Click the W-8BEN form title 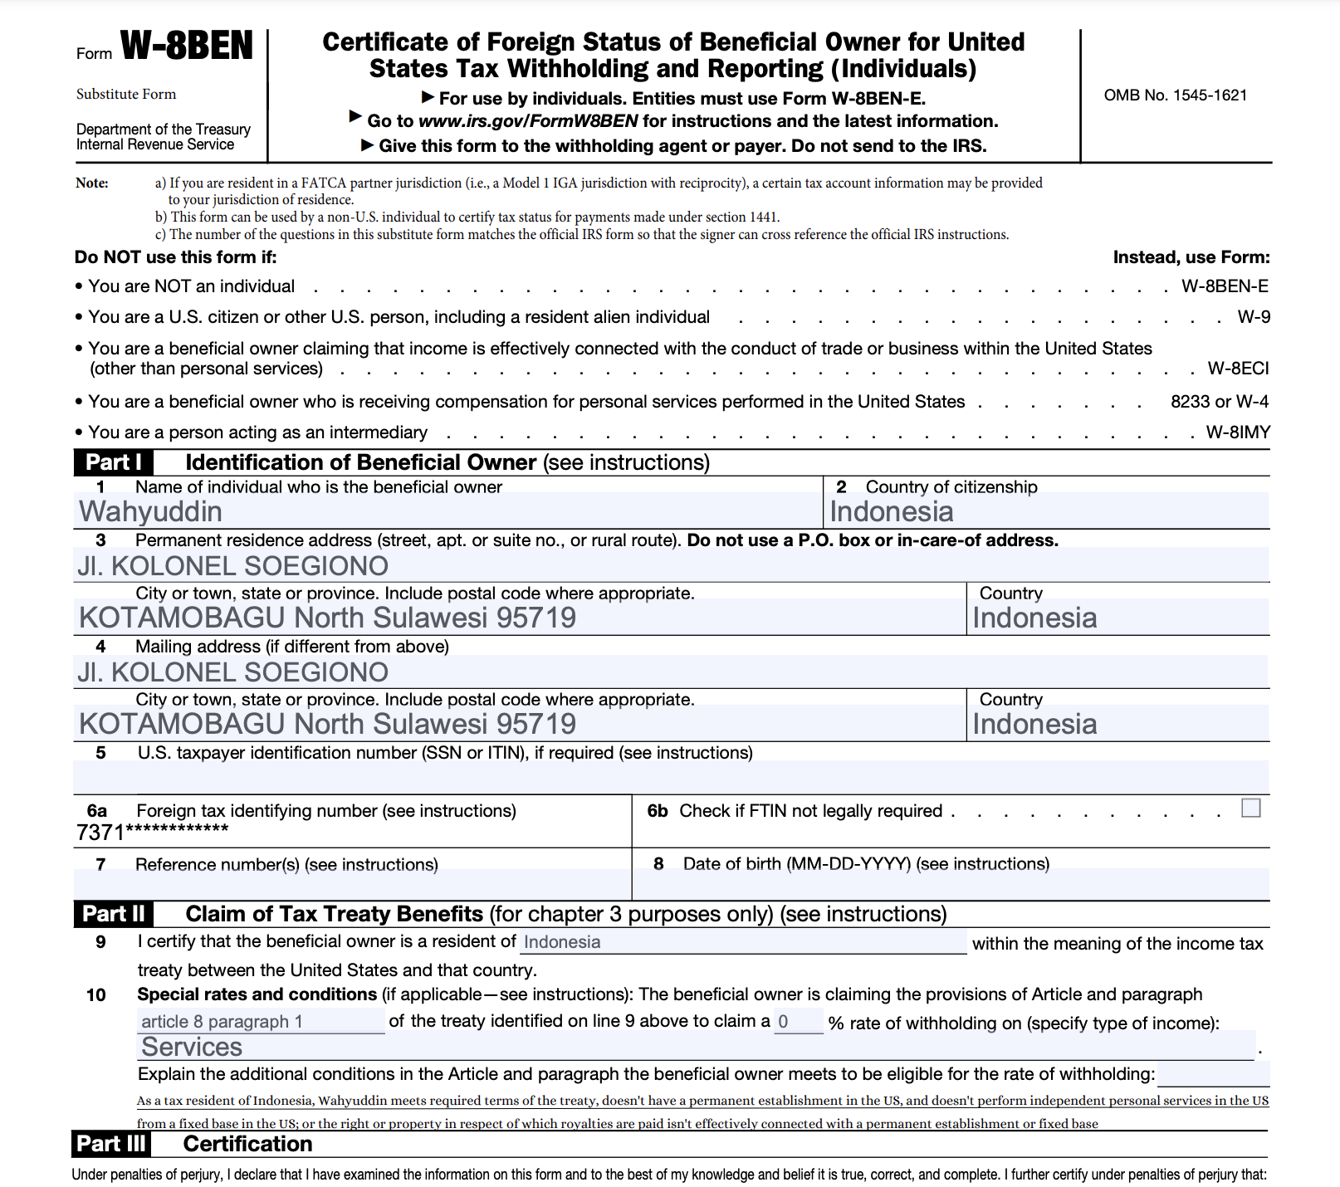[187, 46]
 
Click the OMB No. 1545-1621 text [1175, 95]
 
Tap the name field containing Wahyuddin [448, 511]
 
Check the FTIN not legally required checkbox [1250, 808]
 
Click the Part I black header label [114, 462]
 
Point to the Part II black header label [114, 914]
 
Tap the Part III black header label [111, 1144]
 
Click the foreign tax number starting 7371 [153, 832]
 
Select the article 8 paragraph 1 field [261, 1022]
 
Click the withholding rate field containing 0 [798, 1022]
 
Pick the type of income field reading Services [696, 1047]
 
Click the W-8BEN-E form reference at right [1225, 286]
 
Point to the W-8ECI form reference [1238, 369]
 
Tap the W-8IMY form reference [1237, 432]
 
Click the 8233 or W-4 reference [1219, 402]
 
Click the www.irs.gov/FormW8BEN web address [528, 121]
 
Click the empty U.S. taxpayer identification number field [671, 776]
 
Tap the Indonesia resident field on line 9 [743, 942]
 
